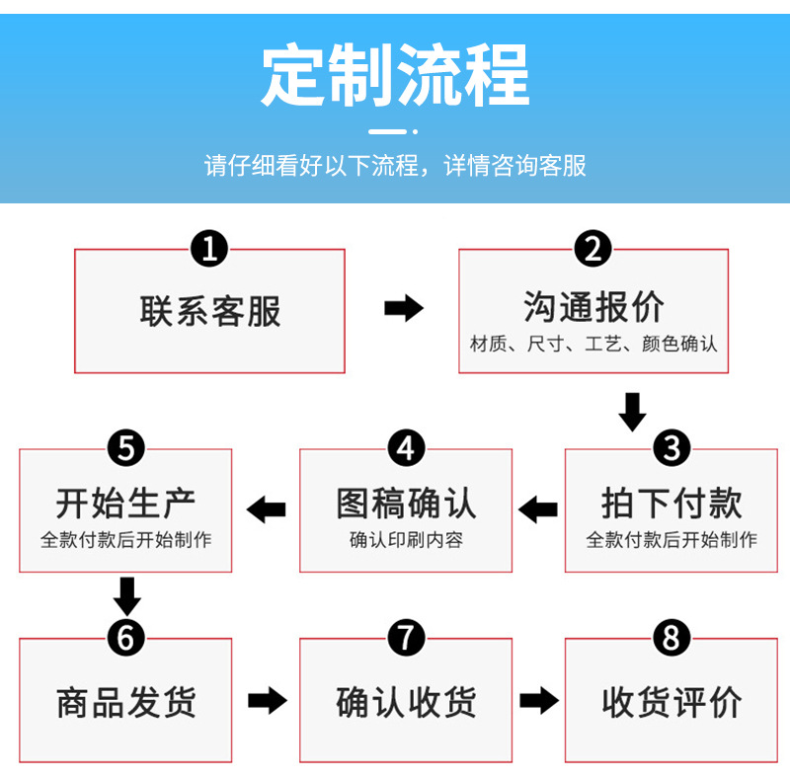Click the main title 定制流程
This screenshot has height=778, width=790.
coord(395,76)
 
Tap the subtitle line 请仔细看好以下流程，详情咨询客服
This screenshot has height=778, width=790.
coord(395,165)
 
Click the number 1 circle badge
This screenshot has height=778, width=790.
coord(209,248)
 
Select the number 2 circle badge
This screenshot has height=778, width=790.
coord(592,248)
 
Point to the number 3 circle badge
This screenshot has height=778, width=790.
coord(671,449)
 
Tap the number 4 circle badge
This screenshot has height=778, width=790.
coord(406,449)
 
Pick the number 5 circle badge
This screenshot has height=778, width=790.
coord(125,449)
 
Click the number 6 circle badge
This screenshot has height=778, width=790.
coord(125,639)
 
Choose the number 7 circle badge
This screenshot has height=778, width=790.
coord(406,639)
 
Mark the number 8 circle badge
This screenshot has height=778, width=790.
coord(671,639)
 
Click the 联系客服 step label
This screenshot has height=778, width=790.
coord(209,311)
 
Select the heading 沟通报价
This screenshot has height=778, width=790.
coord(592,307)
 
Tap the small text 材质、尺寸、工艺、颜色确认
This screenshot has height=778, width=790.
coord(592,345)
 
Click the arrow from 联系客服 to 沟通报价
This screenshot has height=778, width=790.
coord(403,309)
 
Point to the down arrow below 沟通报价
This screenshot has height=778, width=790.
coord(632,411)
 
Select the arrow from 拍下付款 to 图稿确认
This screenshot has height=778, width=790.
coord(538,509)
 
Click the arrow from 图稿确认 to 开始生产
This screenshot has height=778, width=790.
coord(266,509)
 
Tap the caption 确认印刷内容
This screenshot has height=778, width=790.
coord(406,540)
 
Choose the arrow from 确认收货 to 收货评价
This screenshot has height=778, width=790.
coord(538,701)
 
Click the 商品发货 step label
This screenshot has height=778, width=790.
coord(125,703)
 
